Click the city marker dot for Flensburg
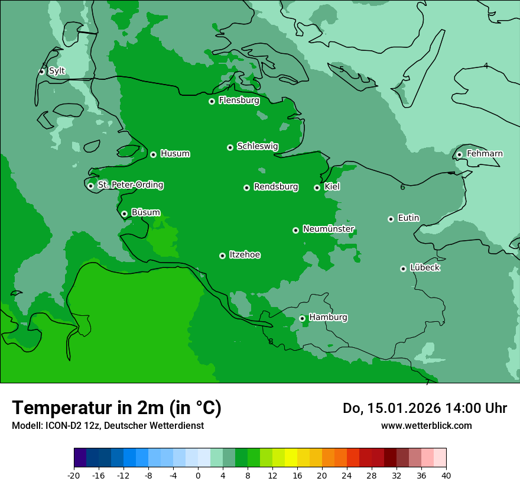tap(212, 101)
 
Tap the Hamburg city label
tap(328, 317)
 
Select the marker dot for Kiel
tap(317, 188)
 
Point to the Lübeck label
tap(424, 267)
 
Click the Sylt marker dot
tap(41, 72)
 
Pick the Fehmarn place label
tap(485, 154)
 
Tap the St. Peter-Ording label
tap(131, 185)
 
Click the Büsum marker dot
tap(124, 214)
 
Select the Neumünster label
tap(329, 229)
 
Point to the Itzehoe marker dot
tap(222, 256)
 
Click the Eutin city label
tap(408, 218)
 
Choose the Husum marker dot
tap(153, 154)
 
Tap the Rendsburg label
tap(276, 187)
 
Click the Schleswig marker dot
tap(230, 147)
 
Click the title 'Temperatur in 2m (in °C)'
tap(116, 408)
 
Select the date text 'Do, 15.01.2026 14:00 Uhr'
tap(424, 408)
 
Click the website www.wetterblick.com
tap(426, 425)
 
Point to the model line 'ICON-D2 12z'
tap(108, 425)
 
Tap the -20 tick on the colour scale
tap(74, 475)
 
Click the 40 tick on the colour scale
tap(446, 475)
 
